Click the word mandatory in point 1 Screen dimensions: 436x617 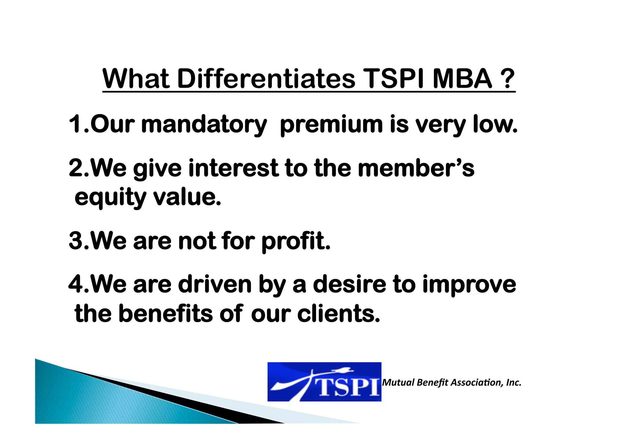[x=204, y=124]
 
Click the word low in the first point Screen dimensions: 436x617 [x=494, y=124]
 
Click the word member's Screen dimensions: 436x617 [x=416, y=168]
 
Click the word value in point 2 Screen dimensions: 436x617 [x=187, y=197]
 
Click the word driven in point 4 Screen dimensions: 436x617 [x=215, y=284]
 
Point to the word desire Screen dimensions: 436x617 [x=349, y=284]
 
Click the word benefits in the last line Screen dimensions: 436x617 [x=166, y=314]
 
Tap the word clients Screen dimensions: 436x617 [x=338, y=314]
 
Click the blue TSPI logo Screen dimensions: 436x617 [x=324, y=382]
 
